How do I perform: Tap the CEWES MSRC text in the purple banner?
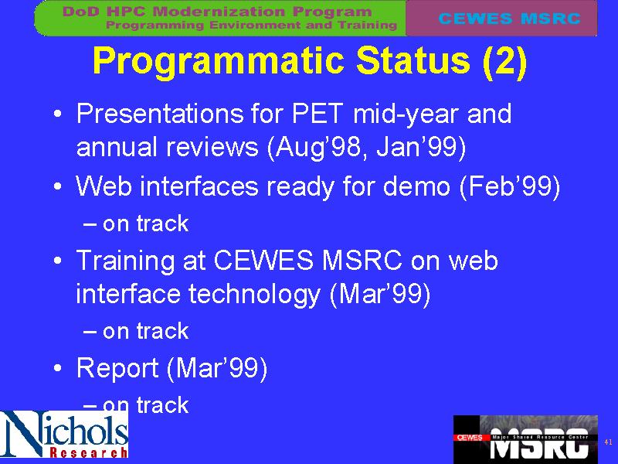(x=509, y=18)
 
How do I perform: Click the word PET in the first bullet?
(x=317, y=114)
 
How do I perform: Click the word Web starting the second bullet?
(x=104, y=186)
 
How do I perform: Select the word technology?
(x=254, y=295)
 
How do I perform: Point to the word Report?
(x=117, y=369)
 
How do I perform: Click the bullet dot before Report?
(x=57, y=368)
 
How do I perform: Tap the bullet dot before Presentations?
(x=57, y=114)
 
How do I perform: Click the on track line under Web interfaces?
(x=137, y=223)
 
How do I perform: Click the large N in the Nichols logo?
(x=22, y=433)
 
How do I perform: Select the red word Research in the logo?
(x=88, y=452)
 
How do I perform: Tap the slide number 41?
(x=608, y=442)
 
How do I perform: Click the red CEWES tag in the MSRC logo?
(x=470, y=438)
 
